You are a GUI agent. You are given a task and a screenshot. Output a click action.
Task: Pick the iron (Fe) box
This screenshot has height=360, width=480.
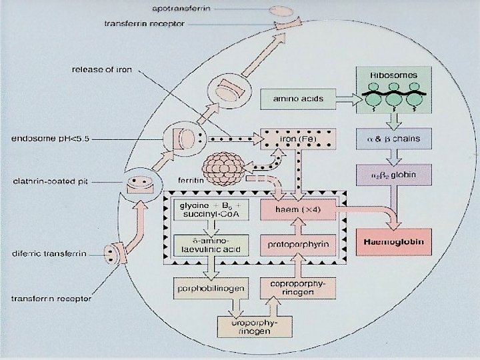point(298,138)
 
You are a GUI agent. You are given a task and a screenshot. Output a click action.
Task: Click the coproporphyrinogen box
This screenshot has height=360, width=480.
point(299,288)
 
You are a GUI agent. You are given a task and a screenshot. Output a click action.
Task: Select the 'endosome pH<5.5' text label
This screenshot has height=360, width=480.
point(52,139)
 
